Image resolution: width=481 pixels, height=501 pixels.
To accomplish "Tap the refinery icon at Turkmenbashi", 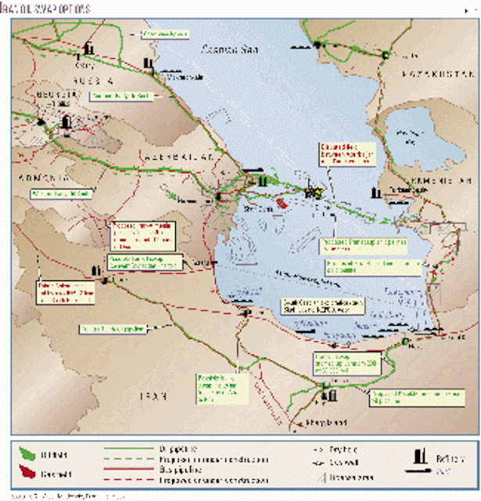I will [x=377, y=190].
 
